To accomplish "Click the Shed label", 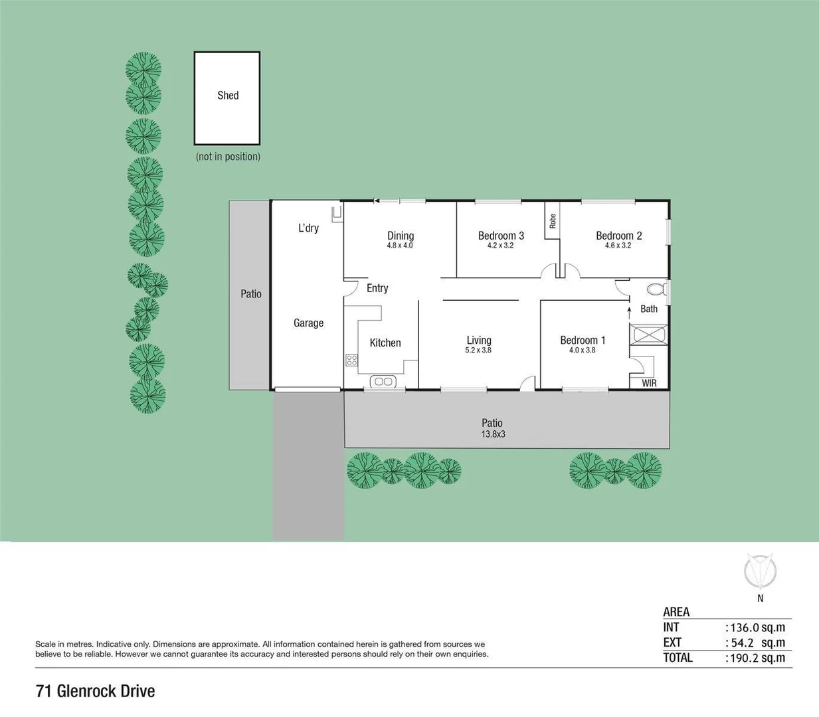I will [x=228, y=96].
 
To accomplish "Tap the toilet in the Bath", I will [x=656, y=289].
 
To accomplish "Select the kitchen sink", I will [x=383, y=381].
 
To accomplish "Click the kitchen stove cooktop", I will [x=351, y=360].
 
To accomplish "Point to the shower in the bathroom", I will [x=649, y=334].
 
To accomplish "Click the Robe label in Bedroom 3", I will [x=553, y=220].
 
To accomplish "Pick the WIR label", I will [x=649, y=383].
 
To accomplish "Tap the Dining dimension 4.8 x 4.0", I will [x=400, y=246].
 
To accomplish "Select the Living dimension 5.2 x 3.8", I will [x=478, y=351].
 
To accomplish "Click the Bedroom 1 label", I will [x=583, y=340].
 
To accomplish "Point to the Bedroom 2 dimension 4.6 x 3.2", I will [x=618, y=246].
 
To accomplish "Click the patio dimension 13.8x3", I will [x=493, y=434].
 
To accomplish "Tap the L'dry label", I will [x=308, y=228].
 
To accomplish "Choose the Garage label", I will [x=308, y=323].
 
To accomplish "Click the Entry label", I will [x=377, y=288].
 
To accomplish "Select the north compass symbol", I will [x=760, y=571].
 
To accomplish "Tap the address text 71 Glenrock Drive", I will [x=95, y=691].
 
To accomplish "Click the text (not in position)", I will [x=228, y=157].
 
